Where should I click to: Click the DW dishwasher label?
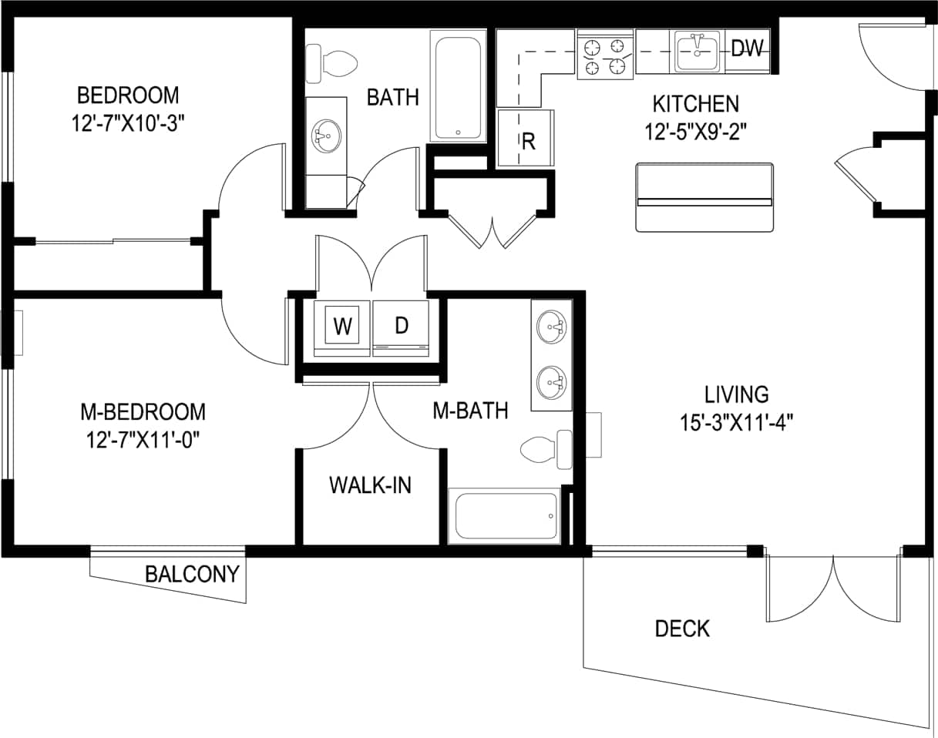coord(746,49)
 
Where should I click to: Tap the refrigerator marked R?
coord(527,140)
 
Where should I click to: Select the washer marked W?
coord(341,327)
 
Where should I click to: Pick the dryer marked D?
coord(401,327)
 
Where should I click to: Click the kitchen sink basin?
coord(698,51)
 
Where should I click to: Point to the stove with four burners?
coord(605,55)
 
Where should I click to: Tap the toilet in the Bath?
coord(331,62)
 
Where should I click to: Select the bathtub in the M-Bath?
coord(506,515)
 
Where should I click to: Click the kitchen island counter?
coord(704,197)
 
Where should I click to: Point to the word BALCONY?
coord(193,575)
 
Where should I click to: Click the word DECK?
coord(682,629)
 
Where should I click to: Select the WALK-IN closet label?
coord(370,485)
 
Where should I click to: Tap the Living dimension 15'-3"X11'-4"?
coord(737,422)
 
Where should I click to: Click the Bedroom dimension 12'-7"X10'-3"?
coord(128,123)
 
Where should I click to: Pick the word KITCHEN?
coord(695,103)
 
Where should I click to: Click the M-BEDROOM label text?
coord(143,411)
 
